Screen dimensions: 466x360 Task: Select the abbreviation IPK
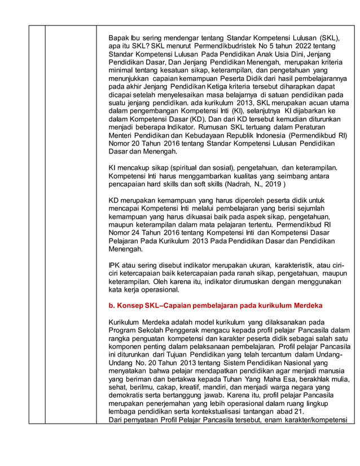click(x=115, y=266)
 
